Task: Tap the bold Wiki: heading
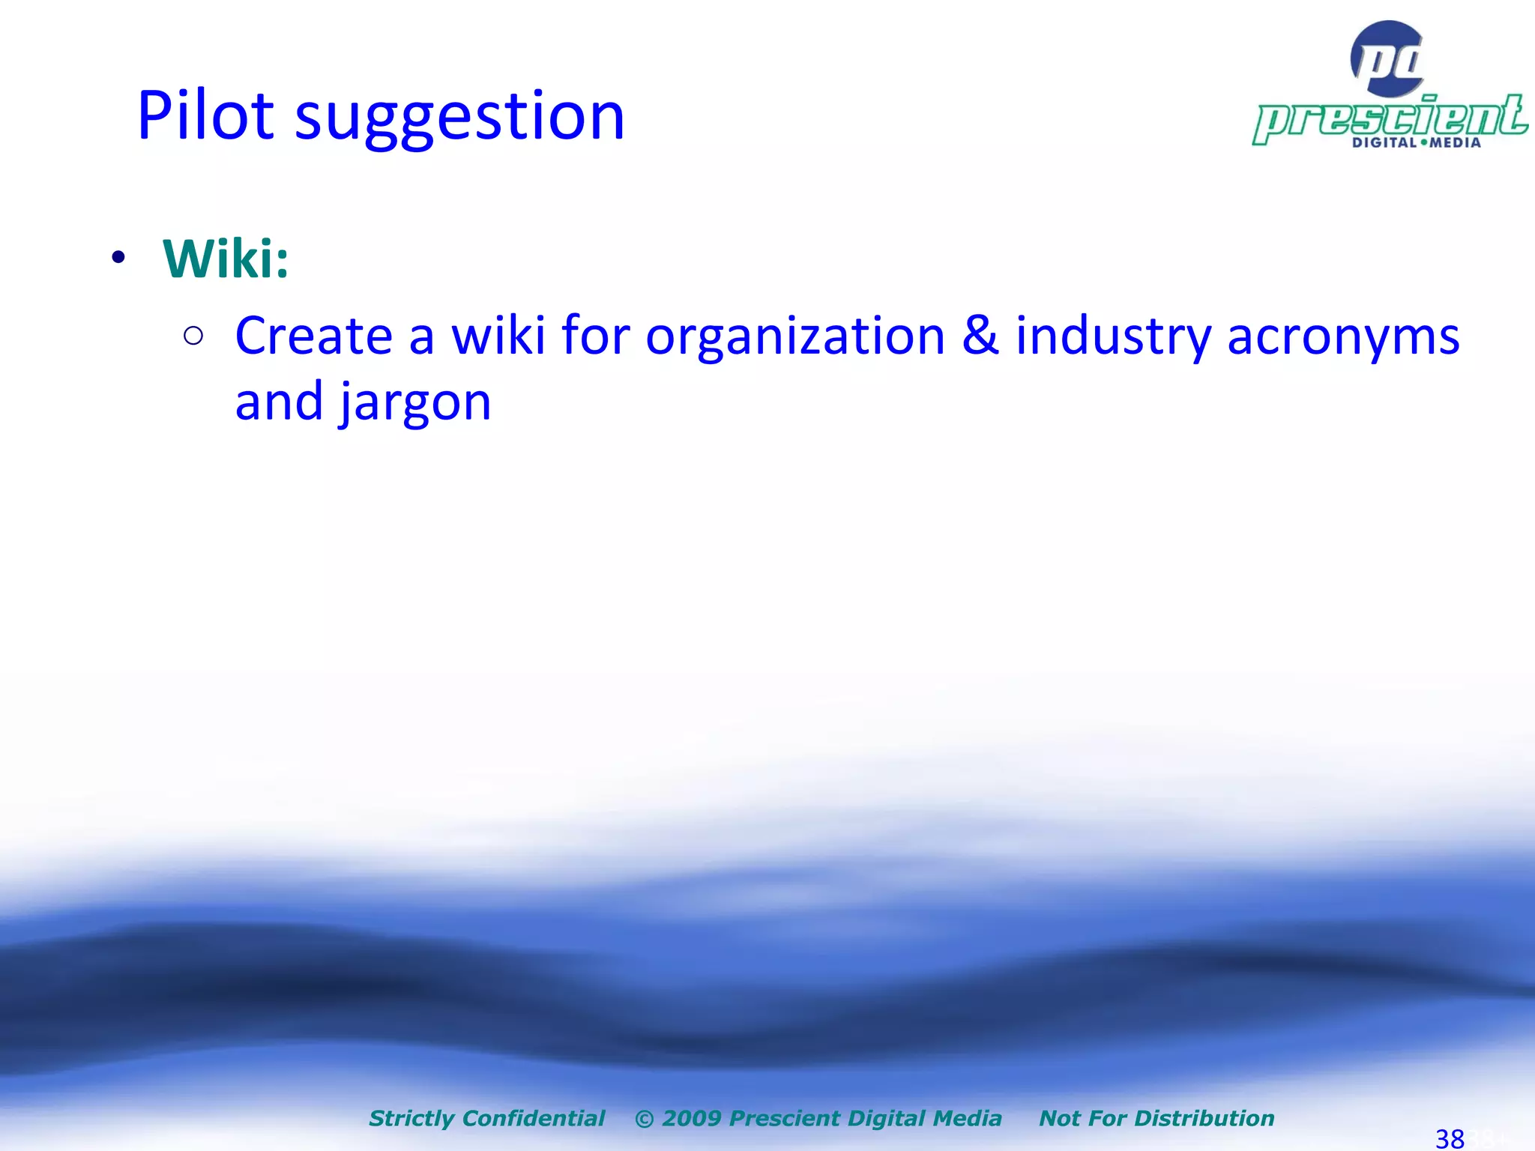tap(226, 259)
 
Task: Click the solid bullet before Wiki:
tap(118, 259)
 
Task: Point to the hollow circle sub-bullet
tap(193, 336)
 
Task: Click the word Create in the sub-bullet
tap(313, 336)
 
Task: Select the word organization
tap(794, 337)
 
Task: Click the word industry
tap(1113, 337)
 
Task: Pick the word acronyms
tap(1343, 337)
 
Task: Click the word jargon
tap(415, 403)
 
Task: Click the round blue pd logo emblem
tap(1387, 58)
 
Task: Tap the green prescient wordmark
tap(1390, 118)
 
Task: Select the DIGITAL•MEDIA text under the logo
tap(1416, 142)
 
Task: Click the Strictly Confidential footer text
tap(486, 1118)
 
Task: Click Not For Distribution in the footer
tap(1156, 1118)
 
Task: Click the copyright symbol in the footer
tap(644, 1119)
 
